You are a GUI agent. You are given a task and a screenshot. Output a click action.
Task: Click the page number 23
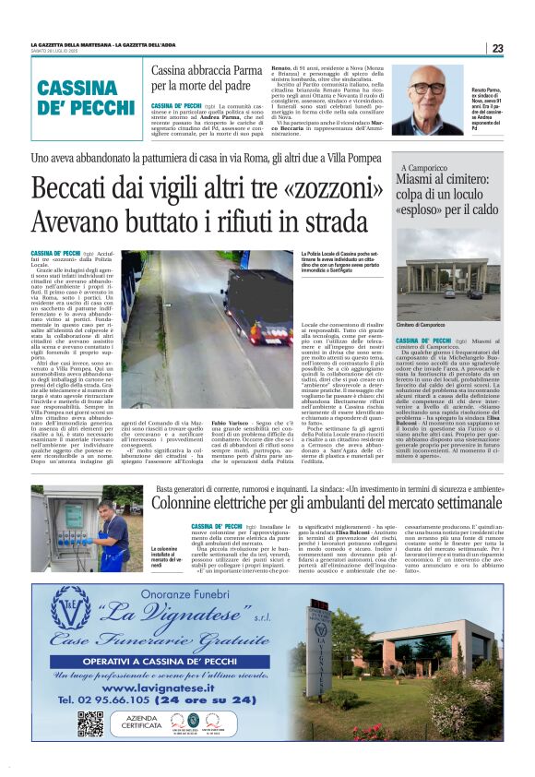497,48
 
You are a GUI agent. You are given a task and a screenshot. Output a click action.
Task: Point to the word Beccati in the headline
70,189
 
